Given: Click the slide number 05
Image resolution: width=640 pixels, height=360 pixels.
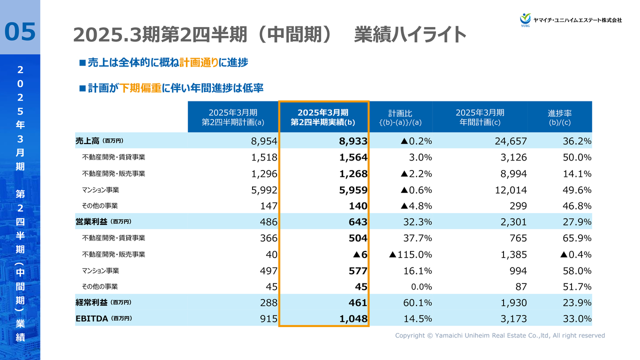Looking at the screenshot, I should tap(20, 31).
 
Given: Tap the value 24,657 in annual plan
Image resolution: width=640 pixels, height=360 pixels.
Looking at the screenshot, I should tap(510, 141).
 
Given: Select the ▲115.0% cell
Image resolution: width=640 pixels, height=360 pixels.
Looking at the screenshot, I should tap(410, 254).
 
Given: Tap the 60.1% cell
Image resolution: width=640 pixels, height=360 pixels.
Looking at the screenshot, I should tap(417, 302).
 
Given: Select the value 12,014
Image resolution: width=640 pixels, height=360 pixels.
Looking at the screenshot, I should tap(510, 190).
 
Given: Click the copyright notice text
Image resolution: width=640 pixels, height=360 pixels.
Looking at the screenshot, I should tap(500, 335).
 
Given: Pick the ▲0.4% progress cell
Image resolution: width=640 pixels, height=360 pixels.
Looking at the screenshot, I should tap(576, 254).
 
